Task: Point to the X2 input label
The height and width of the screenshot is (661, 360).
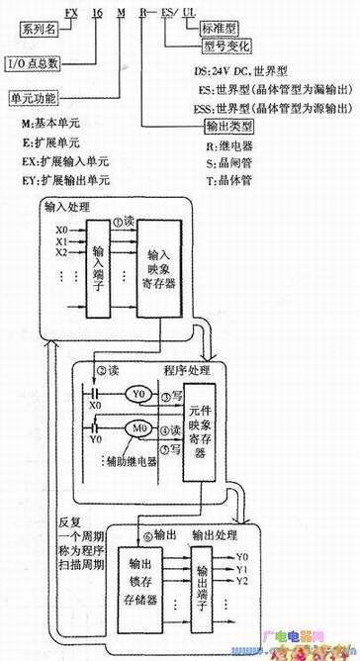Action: pos(61,252)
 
